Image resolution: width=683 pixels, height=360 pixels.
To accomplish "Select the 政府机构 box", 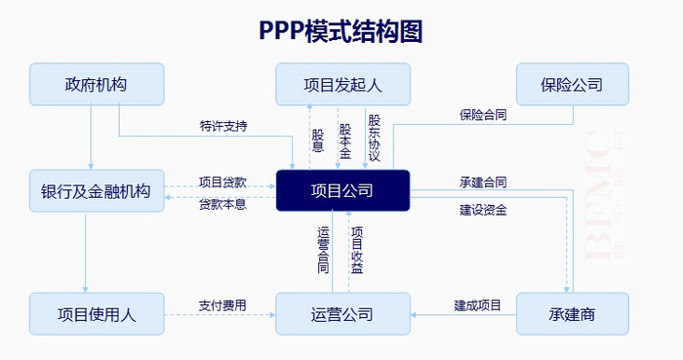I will coord(96,85).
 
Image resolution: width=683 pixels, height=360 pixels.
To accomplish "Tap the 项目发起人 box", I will coord(341,85).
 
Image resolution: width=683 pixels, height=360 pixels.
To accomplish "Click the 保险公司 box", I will coord(572,85).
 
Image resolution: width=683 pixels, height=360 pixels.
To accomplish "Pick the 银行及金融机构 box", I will coord(96,190).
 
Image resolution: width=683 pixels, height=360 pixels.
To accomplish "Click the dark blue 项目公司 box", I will coord(341,190).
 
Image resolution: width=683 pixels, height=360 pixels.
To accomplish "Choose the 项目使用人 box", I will coord(96,314).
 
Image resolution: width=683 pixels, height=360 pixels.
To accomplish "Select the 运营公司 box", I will coord(341,314).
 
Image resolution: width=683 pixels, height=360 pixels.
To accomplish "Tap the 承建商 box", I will coord(572,314).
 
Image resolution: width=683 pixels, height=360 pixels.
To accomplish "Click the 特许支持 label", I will coord(223,126).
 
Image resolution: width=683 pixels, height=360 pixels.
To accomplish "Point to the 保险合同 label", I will coord(483,114).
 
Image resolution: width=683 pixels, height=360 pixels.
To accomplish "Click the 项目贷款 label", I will coord(222,181).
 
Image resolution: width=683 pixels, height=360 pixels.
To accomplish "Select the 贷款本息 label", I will coord(222,204).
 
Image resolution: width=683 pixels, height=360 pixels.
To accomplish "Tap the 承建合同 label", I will coord(483,182).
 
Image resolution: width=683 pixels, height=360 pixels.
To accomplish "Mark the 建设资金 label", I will coord(483,209).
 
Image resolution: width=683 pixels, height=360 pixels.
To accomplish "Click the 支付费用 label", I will coord(222,305).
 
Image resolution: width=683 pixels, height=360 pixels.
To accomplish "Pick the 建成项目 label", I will coord(478,305).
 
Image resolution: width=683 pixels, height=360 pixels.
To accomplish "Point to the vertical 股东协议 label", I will coord(374,137).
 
